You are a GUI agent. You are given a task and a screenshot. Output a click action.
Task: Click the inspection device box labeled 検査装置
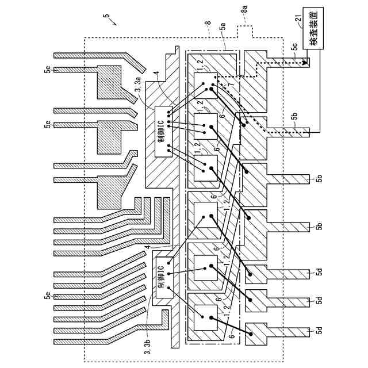[x=313, y=28]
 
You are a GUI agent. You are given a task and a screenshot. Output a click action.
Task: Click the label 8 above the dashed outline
[x=208, y=23]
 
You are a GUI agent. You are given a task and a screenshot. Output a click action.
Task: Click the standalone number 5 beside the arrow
[x=106, y=16]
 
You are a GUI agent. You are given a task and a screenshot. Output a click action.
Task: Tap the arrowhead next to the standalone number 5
[x=115, y=24]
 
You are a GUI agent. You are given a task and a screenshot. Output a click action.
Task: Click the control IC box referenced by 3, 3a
[x=163, y=132]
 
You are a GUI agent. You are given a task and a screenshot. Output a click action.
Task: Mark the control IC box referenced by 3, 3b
[x=164, y=277]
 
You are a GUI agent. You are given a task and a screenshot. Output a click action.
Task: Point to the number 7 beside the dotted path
[x=231, y=85]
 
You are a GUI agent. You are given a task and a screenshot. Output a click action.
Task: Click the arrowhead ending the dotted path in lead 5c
[x=305, y=63]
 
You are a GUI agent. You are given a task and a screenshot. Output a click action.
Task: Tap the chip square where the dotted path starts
[x=206, y=86]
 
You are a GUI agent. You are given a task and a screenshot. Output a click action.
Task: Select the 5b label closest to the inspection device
[x=295, y=116]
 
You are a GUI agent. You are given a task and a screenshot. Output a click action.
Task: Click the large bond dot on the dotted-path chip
[x=211, y=89]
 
